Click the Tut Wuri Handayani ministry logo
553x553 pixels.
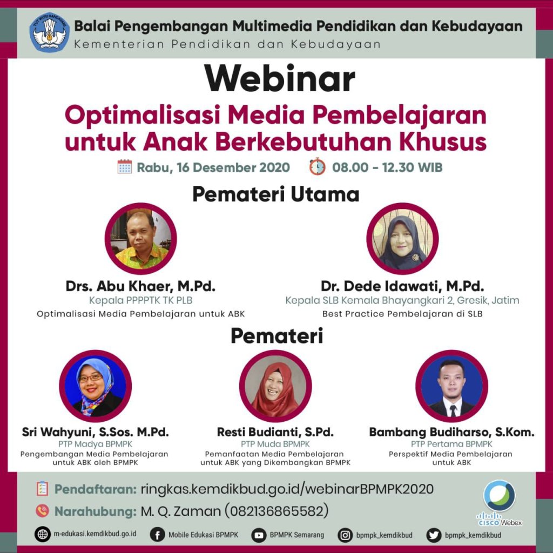[49, 32]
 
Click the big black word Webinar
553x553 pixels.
[279, 79]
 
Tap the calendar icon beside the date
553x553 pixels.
[125, 167]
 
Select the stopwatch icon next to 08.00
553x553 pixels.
[318, 166]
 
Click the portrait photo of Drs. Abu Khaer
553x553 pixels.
[141, 239]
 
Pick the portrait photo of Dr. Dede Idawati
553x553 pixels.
[402, 239]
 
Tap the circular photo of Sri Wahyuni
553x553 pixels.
[95, 386]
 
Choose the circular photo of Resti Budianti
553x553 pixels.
[275, 386]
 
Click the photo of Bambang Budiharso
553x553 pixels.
[452, 386]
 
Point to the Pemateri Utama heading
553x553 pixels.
[276, 194]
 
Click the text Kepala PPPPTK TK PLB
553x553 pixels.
[141, 300]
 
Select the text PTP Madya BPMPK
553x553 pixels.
[95, 444]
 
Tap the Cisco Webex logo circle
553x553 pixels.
[500, 496]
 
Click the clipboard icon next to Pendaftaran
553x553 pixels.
[42, 489]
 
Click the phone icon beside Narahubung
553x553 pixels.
[42, 511]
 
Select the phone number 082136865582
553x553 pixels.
[276, 511]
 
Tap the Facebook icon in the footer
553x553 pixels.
[157, 535]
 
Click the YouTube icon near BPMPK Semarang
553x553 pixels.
[259, 535]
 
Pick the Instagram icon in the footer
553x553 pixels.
[345, 535]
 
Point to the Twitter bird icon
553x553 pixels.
[434, 535]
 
